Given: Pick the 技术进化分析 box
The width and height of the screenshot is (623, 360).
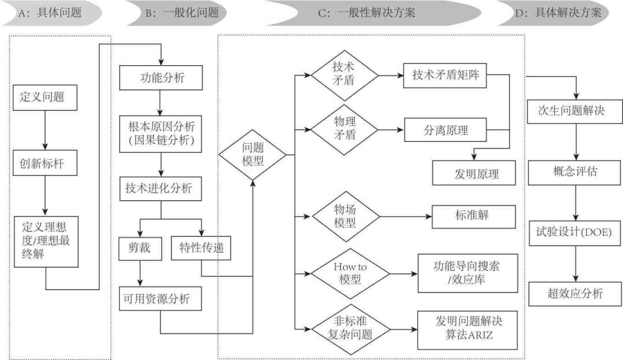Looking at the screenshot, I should click(x=160, y=189).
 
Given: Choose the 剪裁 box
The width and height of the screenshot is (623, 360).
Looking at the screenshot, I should click(x=138, y=249).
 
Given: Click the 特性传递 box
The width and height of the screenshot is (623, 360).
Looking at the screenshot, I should click(x=201, y=249).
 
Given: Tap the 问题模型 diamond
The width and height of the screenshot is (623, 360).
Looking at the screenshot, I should click(x=253, y=155).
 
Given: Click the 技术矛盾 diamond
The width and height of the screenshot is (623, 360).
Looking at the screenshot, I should click(x=345, y=75).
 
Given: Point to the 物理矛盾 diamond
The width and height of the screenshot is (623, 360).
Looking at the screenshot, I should click(x=345, y=130).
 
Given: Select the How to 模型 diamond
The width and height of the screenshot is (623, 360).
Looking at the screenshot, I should click(x=345, y=273).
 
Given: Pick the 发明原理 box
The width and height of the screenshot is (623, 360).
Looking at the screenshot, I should click(x=473, y=173).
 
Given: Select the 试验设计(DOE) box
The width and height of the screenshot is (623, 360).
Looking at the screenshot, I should click(x=575, y=232).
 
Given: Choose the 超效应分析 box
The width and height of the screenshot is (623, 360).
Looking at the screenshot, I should click(x=575, y=293).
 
